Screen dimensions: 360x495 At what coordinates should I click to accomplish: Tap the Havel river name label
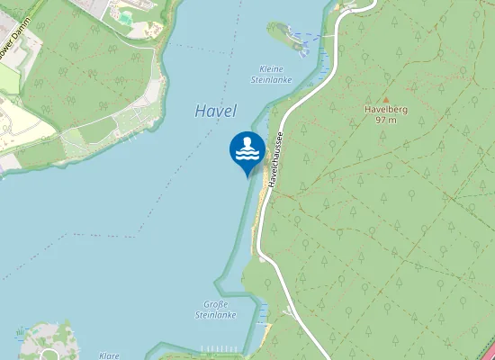pos(215,112)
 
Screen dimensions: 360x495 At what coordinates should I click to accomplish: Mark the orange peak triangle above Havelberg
pos(385,99)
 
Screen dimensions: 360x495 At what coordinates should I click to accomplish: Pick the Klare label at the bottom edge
pos(109,355)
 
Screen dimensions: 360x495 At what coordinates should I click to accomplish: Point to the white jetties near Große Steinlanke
pos(220,348)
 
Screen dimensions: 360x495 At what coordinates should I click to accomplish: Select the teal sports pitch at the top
pos(124,15)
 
